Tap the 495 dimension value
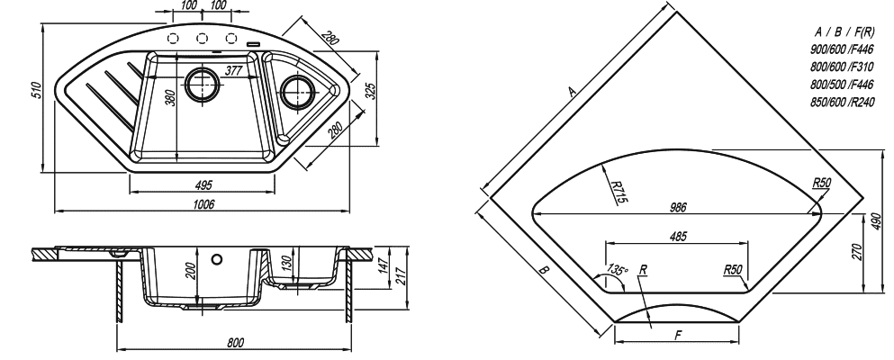tap(203, 185)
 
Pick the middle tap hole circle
tap(202, 38)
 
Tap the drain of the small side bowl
tap(297, 90)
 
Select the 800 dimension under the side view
tap(235, 342)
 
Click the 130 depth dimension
tap(287, 263)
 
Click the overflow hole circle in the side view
tap(217, 260)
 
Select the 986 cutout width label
tap(678, 208)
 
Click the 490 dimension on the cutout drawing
tap(876, 222)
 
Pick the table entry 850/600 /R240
tap(842, 103)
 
